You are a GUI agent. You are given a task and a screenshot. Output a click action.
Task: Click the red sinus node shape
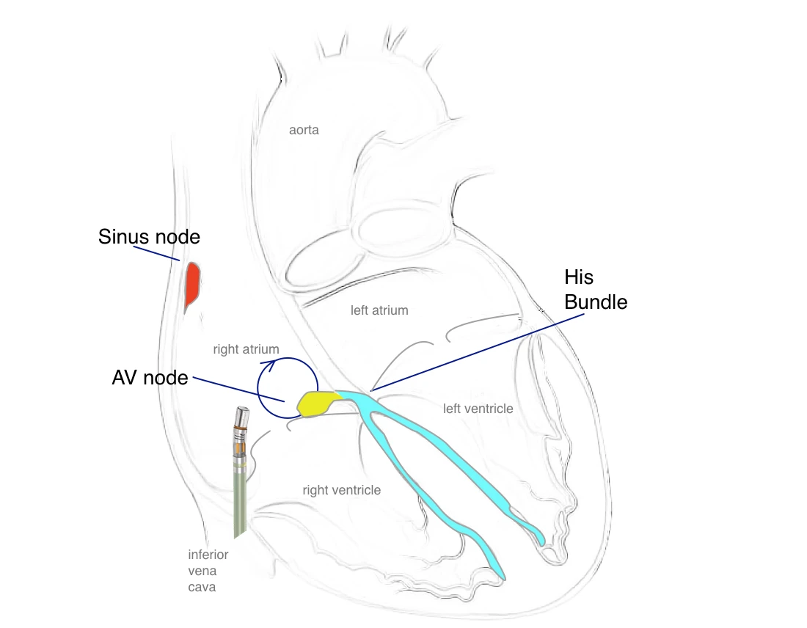192,285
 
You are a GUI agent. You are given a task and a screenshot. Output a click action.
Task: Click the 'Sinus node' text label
149,237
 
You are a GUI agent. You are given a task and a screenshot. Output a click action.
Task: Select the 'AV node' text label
150,378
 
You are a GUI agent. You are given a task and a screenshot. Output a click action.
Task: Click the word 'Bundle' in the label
596,301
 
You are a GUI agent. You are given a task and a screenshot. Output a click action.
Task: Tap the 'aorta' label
304,130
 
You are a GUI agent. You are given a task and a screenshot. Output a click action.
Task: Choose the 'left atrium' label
379,310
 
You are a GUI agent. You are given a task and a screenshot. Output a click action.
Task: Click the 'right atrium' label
246,349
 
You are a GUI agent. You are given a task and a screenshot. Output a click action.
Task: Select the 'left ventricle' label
478,408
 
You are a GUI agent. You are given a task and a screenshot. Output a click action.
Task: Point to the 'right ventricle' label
341,489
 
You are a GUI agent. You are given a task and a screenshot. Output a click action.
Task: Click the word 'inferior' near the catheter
208,555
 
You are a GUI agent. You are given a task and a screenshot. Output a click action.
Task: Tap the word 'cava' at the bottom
202,587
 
